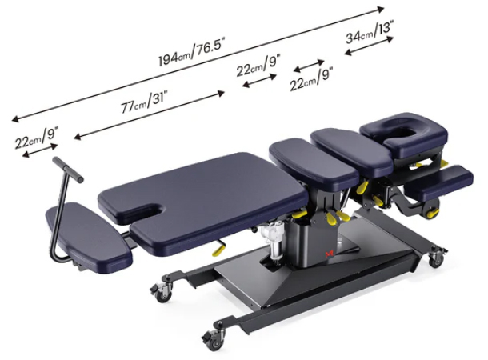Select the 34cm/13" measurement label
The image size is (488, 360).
[369, 36]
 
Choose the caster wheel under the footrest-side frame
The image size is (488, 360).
[162, 293]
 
